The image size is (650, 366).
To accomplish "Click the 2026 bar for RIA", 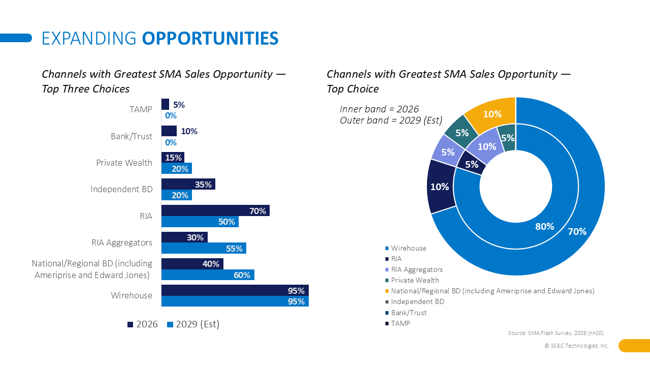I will click(215, 210).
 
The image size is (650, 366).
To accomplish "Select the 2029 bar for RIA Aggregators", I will click(204, 248).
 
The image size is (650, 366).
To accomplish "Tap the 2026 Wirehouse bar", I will click(235, 290).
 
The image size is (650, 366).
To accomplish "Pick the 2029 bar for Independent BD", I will click(176, 195).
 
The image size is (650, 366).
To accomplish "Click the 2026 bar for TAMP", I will click(165, 104).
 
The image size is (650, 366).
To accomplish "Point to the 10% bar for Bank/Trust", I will click(169, 131).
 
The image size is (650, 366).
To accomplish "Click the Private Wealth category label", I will click(124, 163).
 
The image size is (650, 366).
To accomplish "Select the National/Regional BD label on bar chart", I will click(92, 269).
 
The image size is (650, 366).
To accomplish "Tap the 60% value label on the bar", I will click(242, 275).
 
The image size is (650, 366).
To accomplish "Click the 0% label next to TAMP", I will click(171, 115).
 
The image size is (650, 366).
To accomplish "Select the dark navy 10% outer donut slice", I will click(439, 187).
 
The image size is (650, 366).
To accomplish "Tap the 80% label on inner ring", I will click(544, 227).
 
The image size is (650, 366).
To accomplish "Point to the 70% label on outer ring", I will click(577, 232).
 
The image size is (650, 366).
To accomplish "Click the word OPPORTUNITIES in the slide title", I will click(210, 38).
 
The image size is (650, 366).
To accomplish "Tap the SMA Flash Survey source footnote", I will click(556, 333).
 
